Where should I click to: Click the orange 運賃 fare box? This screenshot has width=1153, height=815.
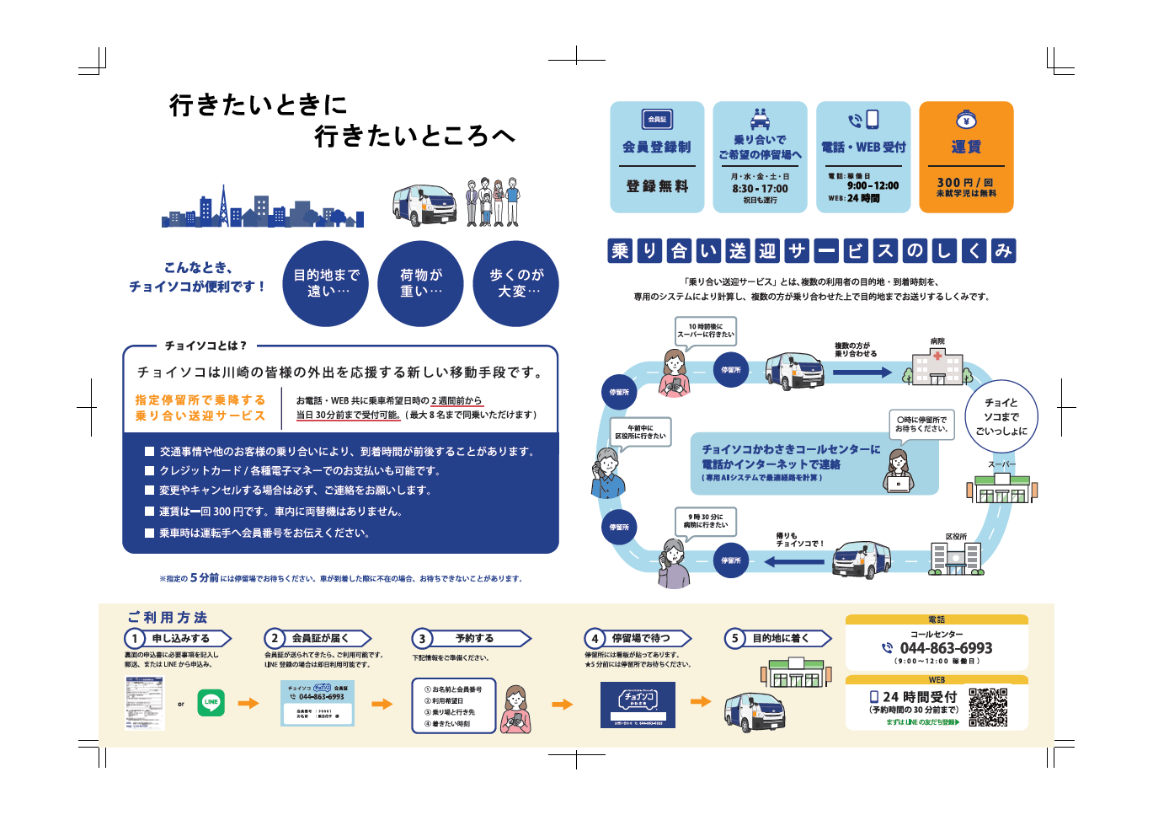(x=966, y=157)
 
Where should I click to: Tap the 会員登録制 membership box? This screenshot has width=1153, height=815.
(x=657, y=157)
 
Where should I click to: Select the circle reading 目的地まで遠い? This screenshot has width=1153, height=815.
(x=327, y=283)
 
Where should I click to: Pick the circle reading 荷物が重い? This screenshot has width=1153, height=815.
(x=421, y=283)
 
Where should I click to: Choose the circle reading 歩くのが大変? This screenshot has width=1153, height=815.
(x=516, y=283)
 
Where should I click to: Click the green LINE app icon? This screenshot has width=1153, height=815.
(x=211, y=702)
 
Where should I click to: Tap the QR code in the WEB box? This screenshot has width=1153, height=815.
(x=988, y=707)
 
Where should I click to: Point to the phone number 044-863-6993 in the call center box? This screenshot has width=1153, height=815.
(x=946, y=648)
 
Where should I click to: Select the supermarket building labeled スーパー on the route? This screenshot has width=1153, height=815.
(x=1002, y=488)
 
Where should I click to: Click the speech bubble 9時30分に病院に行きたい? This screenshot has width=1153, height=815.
(x=706, y=521)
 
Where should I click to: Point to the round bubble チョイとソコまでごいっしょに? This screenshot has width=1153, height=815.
(x=1001, y=416)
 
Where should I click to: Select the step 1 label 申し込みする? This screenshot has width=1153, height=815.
(x=181, y=639)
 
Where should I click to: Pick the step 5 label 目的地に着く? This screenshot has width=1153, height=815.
(x=780, y=639)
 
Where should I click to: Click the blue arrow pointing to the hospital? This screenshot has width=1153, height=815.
(x=862, y=373)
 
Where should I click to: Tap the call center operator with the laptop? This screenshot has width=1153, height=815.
(x=899, y=471)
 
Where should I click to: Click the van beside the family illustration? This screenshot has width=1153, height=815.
(x=424, y=205)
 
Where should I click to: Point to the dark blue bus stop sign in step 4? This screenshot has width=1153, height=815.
(x=638, y=705)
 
